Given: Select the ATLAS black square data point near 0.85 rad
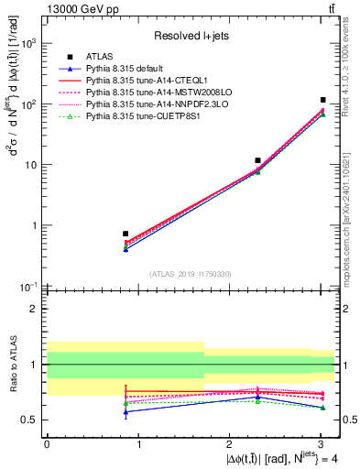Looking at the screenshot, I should point(125,234).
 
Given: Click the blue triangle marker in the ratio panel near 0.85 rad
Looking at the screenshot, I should point(125,411).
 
